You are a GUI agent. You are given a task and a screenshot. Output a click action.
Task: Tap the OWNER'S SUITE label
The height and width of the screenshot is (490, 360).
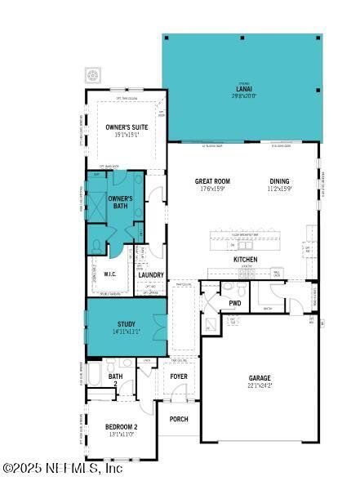(x=126, y=127)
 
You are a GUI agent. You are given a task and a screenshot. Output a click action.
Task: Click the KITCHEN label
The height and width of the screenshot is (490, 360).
(x=246, y=259)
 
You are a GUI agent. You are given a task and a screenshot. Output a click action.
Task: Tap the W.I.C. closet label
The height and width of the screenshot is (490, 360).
(x=111, y=274)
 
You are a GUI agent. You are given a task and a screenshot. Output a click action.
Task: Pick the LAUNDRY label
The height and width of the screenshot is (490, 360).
(x=151, y=275)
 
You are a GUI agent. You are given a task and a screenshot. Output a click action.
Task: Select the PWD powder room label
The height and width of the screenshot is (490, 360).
(x=235, y=304)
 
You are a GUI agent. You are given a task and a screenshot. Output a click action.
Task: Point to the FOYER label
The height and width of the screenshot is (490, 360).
(x=179, y=376)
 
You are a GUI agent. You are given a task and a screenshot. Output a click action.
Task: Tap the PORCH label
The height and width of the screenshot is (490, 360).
(x=178, y=419)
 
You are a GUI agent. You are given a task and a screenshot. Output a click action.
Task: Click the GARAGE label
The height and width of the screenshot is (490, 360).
(x=260, y=378)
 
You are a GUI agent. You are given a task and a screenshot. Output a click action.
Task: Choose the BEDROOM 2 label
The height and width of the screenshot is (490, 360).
(x=121, y=426)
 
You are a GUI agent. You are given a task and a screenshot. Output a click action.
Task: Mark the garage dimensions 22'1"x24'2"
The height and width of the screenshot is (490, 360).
(x=260, y=385)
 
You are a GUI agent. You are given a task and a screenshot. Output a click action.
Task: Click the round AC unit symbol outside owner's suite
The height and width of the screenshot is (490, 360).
(x=93, y=75)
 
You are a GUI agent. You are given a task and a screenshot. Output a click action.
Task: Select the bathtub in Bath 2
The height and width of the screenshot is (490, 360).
(x=96, y=376)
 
